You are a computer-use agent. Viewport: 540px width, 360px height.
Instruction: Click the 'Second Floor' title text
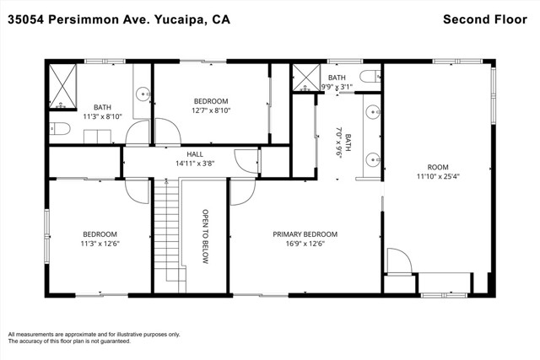(x=485, y=19)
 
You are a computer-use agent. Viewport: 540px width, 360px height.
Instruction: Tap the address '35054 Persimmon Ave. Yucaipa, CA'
(x=119, y=19)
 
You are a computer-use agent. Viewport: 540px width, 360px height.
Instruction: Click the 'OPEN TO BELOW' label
(x=205, y=236)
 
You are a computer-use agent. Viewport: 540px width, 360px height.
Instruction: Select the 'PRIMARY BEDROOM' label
(x=305, y=234)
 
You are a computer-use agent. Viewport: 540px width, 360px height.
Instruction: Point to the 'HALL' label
(x=195, y=154)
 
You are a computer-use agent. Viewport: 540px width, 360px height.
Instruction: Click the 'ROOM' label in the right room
(x=438, y=167)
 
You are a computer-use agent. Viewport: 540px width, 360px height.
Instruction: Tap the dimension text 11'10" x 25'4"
(x=438, y=176)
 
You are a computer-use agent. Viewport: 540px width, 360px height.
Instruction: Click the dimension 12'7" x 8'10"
(x=211, y=110)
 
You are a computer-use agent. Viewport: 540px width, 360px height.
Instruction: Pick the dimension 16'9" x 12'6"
(x=305, y=244)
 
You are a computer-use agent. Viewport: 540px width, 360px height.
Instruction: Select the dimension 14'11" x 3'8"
(x=195, y=164)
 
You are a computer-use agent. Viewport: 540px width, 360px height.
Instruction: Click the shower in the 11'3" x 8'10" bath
(x=62, y=86)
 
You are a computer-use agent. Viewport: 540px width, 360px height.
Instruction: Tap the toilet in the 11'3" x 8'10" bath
(x=60, y=129)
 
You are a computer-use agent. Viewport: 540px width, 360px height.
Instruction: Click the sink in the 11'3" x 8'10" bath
(x=143, y=94)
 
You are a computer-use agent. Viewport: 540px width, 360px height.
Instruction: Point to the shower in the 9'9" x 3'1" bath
(x=306, y=78)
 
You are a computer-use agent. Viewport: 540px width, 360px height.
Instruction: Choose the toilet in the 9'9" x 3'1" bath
(x=370, y=76)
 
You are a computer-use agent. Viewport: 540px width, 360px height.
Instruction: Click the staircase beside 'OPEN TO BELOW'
(x=170, y=236)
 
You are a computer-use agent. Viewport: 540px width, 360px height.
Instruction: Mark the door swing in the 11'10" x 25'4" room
(x=399, y=261)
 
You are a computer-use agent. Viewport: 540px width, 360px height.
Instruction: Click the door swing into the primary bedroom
(x=243, y=192)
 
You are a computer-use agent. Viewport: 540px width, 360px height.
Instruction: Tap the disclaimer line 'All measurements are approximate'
(x=94, y=334)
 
